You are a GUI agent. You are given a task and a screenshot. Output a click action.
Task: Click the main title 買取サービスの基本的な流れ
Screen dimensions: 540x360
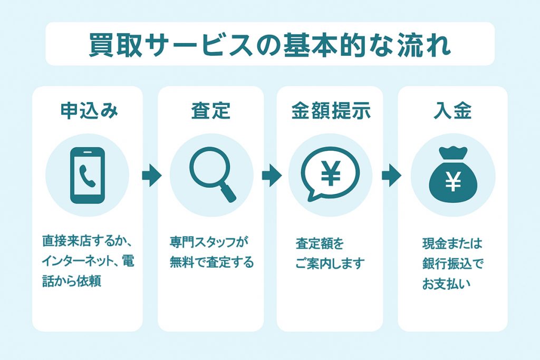(x=270, y=45)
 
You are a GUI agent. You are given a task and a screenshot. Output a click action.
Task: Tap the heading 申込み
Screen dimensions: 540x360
(x=89, y=111)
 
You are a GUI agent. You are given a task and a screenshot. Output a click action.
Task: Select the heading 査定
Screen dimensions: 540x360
(x=211, y=111)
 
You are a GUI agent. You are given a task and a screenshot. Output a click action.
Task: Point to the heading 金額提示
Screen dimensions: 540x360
(x=331, y=111)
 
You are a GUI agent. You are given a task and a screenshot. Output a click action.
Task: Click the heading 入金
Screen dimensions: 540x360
(x=452, y=111)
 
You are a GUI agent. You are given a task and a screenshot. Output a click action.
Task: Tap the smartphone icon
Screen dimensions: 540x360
(x=88, y=175)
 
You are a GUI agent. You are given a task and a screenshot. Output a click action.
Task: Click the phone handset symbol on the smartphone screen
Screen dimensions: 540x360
(x=88, y=176)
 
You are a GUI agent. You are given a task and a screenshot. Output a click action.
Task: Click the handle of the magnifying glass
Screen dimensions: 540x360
(x=228, y=193)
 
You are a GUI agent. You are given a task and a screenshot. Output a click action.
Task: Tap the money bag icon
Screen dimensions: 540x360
(x=453, y=174)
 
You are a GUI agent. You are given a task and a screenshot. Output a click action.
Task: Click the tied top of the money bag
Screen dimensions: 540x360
(x=453, y=153)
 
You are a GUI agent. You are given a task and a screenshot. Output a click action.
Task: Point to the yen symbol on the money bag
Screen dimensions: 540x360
(x=453, y=182)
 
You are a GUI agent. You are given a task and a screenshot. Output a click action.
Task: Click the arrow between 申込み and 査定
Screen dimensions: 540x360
(x=151, y=175)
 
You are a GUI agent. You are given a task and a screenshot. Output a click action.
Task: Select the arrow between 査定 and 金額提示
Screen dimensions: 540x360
(x=272, y=175)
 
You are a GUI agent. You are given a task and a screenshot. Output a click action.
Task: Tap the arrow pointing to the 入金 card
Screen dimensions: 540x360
(x=392, y=175)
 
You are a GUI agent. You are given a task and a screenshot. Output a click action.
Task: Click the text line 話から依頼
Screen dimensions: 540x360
(x=72, y=281)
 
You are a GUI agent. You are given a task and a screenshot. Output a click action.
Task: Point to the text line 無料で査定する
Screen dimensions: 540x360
(x=212, y=262)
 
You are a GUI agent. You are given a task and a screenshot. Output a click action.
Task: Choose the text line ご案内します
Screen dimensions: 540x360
(x=330, y=264)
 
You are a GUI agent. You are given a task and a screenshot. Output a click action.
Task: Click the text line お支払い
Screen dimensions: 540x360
(x=446, y=284)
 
